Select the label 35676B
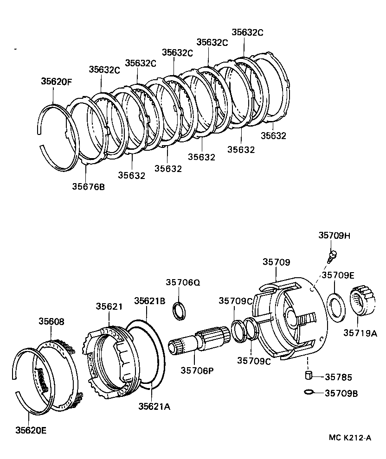[x=88, y=186]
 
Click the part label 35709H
[x=334, y=236]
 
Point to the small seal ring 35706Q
[x=179, y=310]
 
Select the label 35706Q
[x=183, y=282]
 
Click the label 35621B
[x=149, y=300]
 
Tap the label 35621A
[x=154, y=406]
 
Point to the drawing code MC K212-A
[x=350, y=438]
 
